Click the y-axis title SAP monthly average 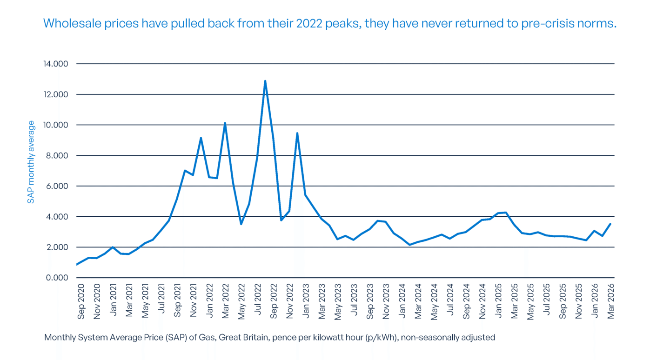coord(31,162)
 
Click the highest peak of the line coord(265,81)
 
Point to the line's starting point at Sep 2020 coord(77,265)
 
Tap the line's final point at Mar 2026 coord(610,224)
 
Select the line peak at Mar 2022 coord(225,123)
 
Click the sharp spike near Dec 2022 coord(297,133)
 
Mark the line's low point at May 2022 coord(241,224)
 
